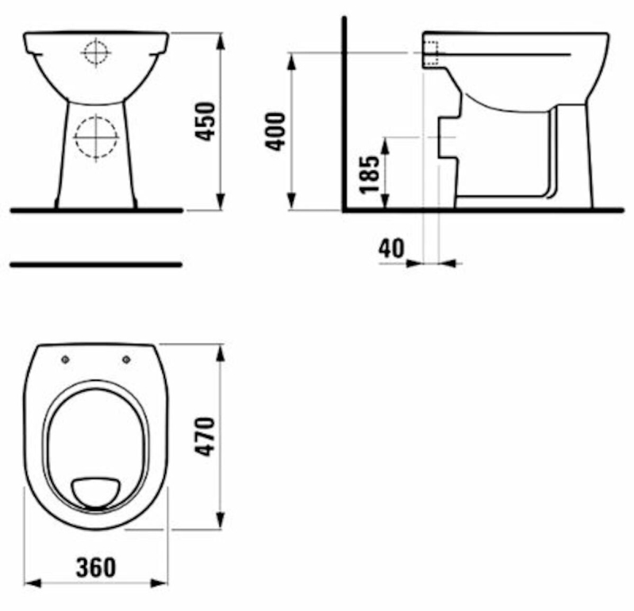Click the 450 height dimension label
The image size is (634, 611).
pos(205,121)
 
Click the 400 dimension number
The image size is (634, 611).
pos(276,132)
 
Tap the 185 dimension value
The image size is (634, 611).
pos(370,175)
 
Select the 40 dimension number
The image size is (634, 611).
pos(391,248)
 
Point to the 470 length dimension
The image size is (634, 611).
pos(205,436)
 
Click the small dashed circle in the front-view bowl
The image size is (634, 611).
pos(96,52)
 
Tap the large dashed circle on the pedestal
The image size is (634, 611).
pos(96,137)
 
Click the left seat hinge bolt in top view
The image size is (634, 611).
pos(66,359)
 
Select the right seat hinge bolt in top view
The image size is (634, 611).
pos(126,359)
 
